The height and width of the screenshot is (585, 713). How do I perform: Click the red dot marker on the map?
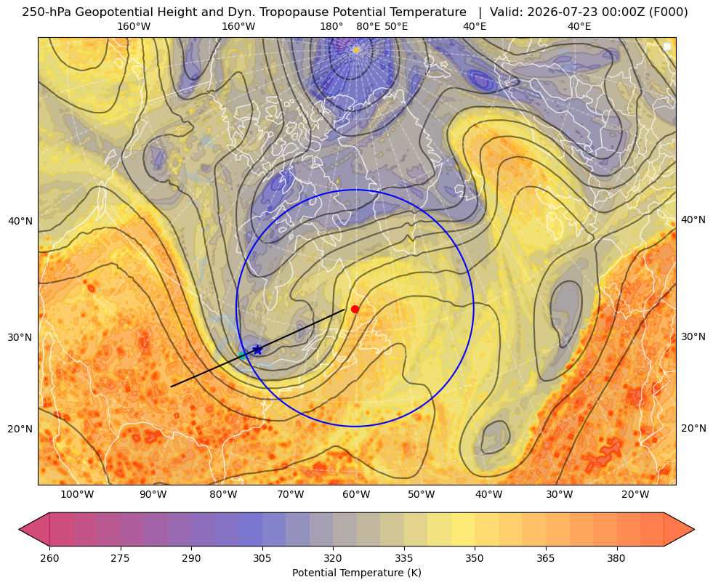355,309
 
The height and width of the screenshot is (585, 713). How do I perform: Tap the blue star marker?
258,350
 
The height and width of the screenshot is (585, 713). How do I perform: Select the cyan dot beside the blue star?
243,355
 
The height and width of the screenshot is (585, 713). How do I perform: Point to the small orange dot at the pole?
356,49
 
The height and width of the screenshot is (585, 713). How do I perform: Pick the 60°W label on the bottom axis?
356,494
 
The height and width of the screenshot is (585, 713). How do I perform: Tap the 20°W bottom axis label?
635,494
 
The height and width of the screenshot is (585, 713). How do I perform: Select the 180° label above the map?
331,26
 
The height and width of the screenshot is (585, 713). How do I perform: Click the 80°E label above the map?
368,26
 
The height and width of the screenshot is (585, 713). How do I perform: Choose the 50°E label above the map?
396,26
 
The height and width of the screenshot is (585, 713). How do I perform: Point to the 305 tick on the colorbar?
262,557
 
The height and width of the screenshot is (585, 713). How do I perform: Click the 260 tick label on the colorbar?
49,557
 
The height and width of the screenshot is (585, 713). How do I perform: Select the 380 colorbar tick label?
616,557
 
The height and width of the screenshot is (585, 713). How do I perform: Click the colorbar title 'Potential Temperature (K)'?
356,573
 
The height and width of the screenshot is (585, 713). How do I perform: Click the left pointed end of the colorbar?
20,529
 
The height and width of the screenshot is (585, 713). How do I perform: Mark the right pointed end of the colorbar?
694,529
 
